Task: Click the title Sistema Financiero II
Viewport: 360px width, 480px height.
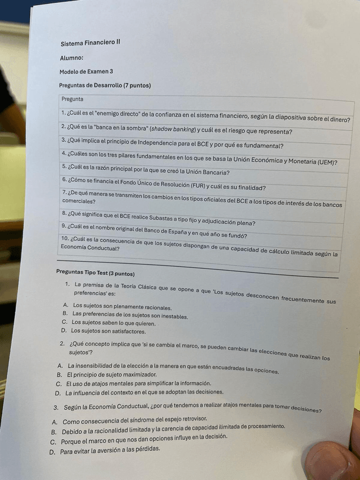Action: coord(90,43)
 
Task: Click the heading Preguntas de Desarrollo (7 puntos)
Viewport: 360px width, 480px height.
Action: coord(105,85)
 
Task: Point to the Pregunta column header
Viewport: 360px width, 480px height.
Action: coord(72,99)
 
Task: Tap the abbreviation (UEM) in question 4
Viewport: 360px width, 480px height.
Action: coord(324,161)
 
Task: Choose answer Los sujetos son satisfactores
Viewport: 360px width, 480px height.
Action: coord(104,331)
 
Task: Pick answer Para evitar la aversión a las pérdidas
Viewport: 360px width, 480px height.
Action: coord(110,451)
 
